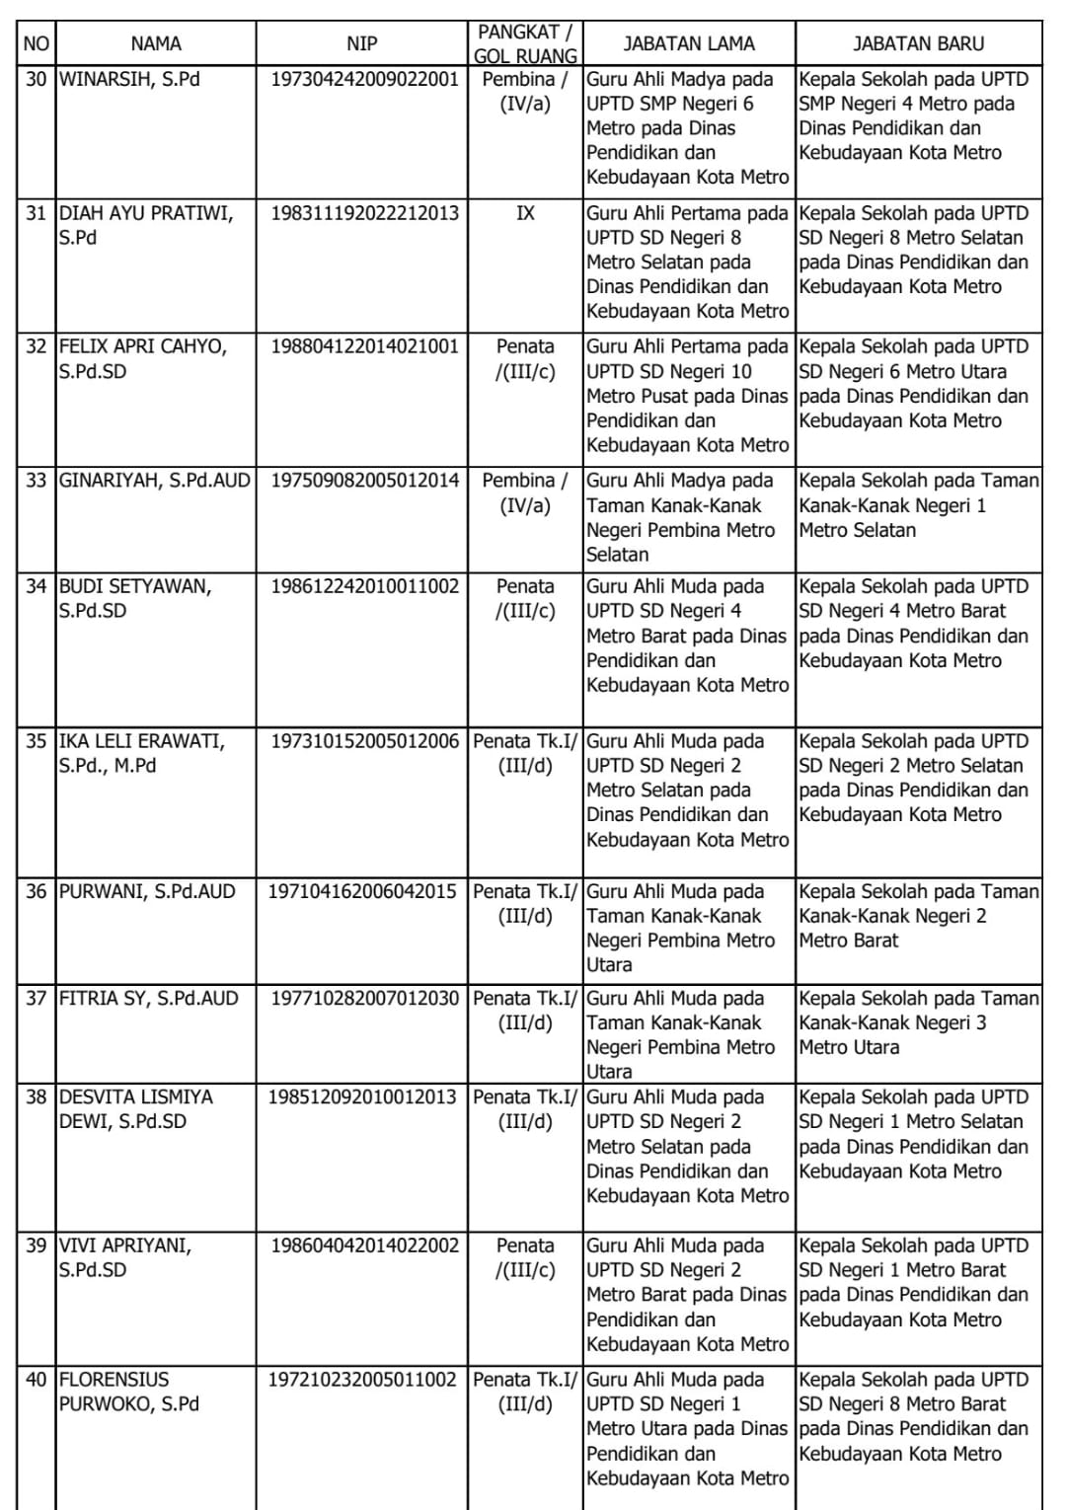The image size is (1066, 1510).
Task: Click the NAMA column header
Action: coord(156,43)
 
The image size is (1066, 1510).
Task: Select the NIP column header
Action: coord(361,43)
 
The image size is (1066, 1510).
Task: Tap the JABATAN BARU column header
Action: coord(918,43)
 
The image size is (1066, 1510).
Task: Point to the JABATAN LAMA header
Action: coord(689,43)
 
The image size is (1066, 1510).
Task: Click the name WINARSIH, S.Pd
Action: coord(129,79)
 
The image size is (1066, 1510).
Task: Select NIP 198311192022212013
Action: coord(364,213)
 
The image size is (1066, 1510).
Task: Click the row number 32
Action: coord(37,346)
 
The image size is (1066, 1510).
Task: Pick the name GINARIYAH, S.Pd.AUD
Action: coord(155,481)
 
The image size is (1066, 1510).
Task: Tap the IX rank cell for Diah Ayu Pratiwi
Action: coord(525,213)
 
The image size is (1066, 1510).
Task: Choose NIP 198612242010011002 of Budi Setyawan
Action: coord(364,586)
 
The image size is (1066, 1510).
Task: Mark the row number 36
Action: coord(37,891)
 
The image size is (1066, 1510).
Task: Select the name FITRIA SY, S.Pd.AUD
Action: coord(149,998)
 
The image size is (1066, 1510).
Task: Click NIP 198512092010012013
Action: coord(362,1096)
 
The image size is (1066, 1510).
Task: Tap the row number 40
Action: coord(37,1379)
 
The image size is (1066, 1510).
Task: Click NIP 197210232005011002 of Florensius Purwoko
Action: coord(362,1379)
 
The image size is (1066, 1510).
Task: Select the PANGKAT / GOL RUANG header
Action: coord(525,43)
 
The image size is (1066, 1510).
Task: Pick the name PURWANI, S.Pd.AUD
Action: coord(147,891)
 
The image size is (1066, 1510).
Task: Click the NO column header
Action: coord(37,43)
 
